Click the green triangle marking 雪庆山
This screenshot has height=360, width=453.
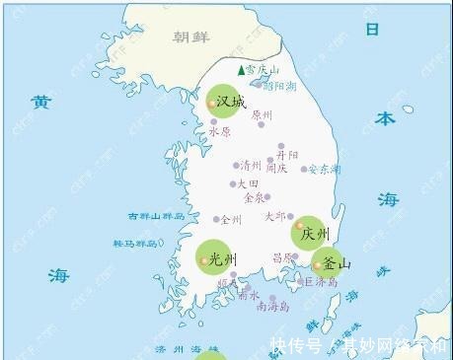tap(241, 70)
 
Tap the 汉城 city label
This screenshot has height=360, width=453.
tap(230, 102)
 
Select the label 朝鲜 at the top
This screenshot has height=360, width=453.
tap(191, 37)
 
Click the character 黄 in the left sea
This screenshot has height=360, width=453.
tap(40, 102)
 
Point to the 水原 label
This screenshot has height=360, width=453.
tap(220, 131)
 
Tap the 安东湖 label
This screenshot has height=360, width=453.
tap(325, 169)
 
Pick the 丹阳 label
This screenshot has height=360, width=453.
tap(286, 155)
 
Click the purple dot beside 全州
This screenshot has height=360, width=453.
tap(216, 219)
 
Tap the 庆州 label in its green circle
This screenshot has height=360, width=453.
tap(315, 234)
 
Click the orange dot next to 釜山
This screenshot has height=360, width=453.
tap(317, 264)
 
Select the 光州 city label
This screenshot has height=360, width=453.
tap(225, 259)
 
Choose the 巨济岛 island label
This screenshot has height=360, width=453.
tap(321, 282)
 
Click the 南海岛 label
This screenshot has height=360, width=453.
tap(273, 307)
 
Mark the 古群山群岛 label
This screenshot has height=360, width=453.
tap(156, 216)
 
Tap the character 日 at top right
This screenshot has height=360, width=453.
tap(373, 29)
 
